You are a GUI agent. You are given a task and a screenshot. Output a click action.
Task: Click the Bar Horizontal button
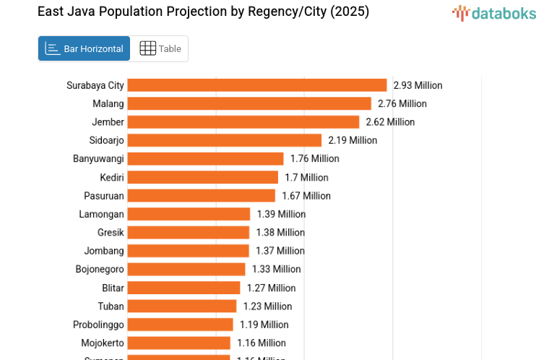(x=84, y=48)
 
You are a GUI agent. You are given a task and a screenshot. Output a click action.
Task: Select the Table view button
(x=160, y=48)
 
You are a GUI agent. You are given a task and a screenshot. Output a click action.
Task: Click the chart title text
(x=203, y=12)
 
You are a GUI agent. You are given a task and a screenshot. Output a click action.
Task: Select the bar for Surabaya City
(x=257, y=85)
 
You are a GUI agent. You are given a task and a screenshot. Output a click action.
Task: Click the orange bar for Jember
(x=243, y=122)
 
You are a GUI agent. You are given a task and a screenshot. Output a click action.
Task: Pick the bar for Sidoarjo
(x=225, y=140)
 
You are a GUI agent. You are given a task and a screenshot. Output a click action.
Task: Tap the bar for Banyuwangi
(x=206, y=159)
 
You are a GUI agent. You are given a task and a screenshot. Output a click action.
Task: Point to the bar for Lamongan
(x=189, y=214)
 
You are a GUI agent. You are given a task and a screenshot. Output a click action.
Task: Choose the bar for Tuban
(x=182, y=307)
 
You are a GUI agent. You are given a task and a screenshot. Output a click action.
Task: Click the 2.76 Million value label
(x=402, y=104)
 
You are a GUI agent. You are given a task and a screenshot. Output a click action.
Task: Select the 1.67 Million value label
(x=306, y=196)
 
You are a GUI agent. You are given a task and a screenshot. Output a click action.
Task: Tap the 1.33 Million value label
(x=276, y=270)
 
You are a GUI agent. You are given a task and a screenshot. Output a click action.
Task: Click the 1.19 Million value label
(x=264, y=325)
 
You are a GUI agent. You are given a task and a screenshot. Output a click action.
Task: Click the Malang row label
(x=108, y=104)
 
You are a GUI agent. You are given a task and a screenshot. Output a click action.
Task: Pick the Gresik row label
(x=111, y=233)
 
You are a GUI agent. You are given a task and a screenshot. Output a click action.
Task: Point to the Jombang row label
(x=105, y=251)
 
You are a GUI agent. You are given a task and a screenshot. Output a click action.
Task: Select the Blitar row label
(x=113, y=288)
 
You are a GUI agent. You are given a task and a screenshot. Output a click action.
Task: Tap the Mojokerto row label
(x=102, y=343)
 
